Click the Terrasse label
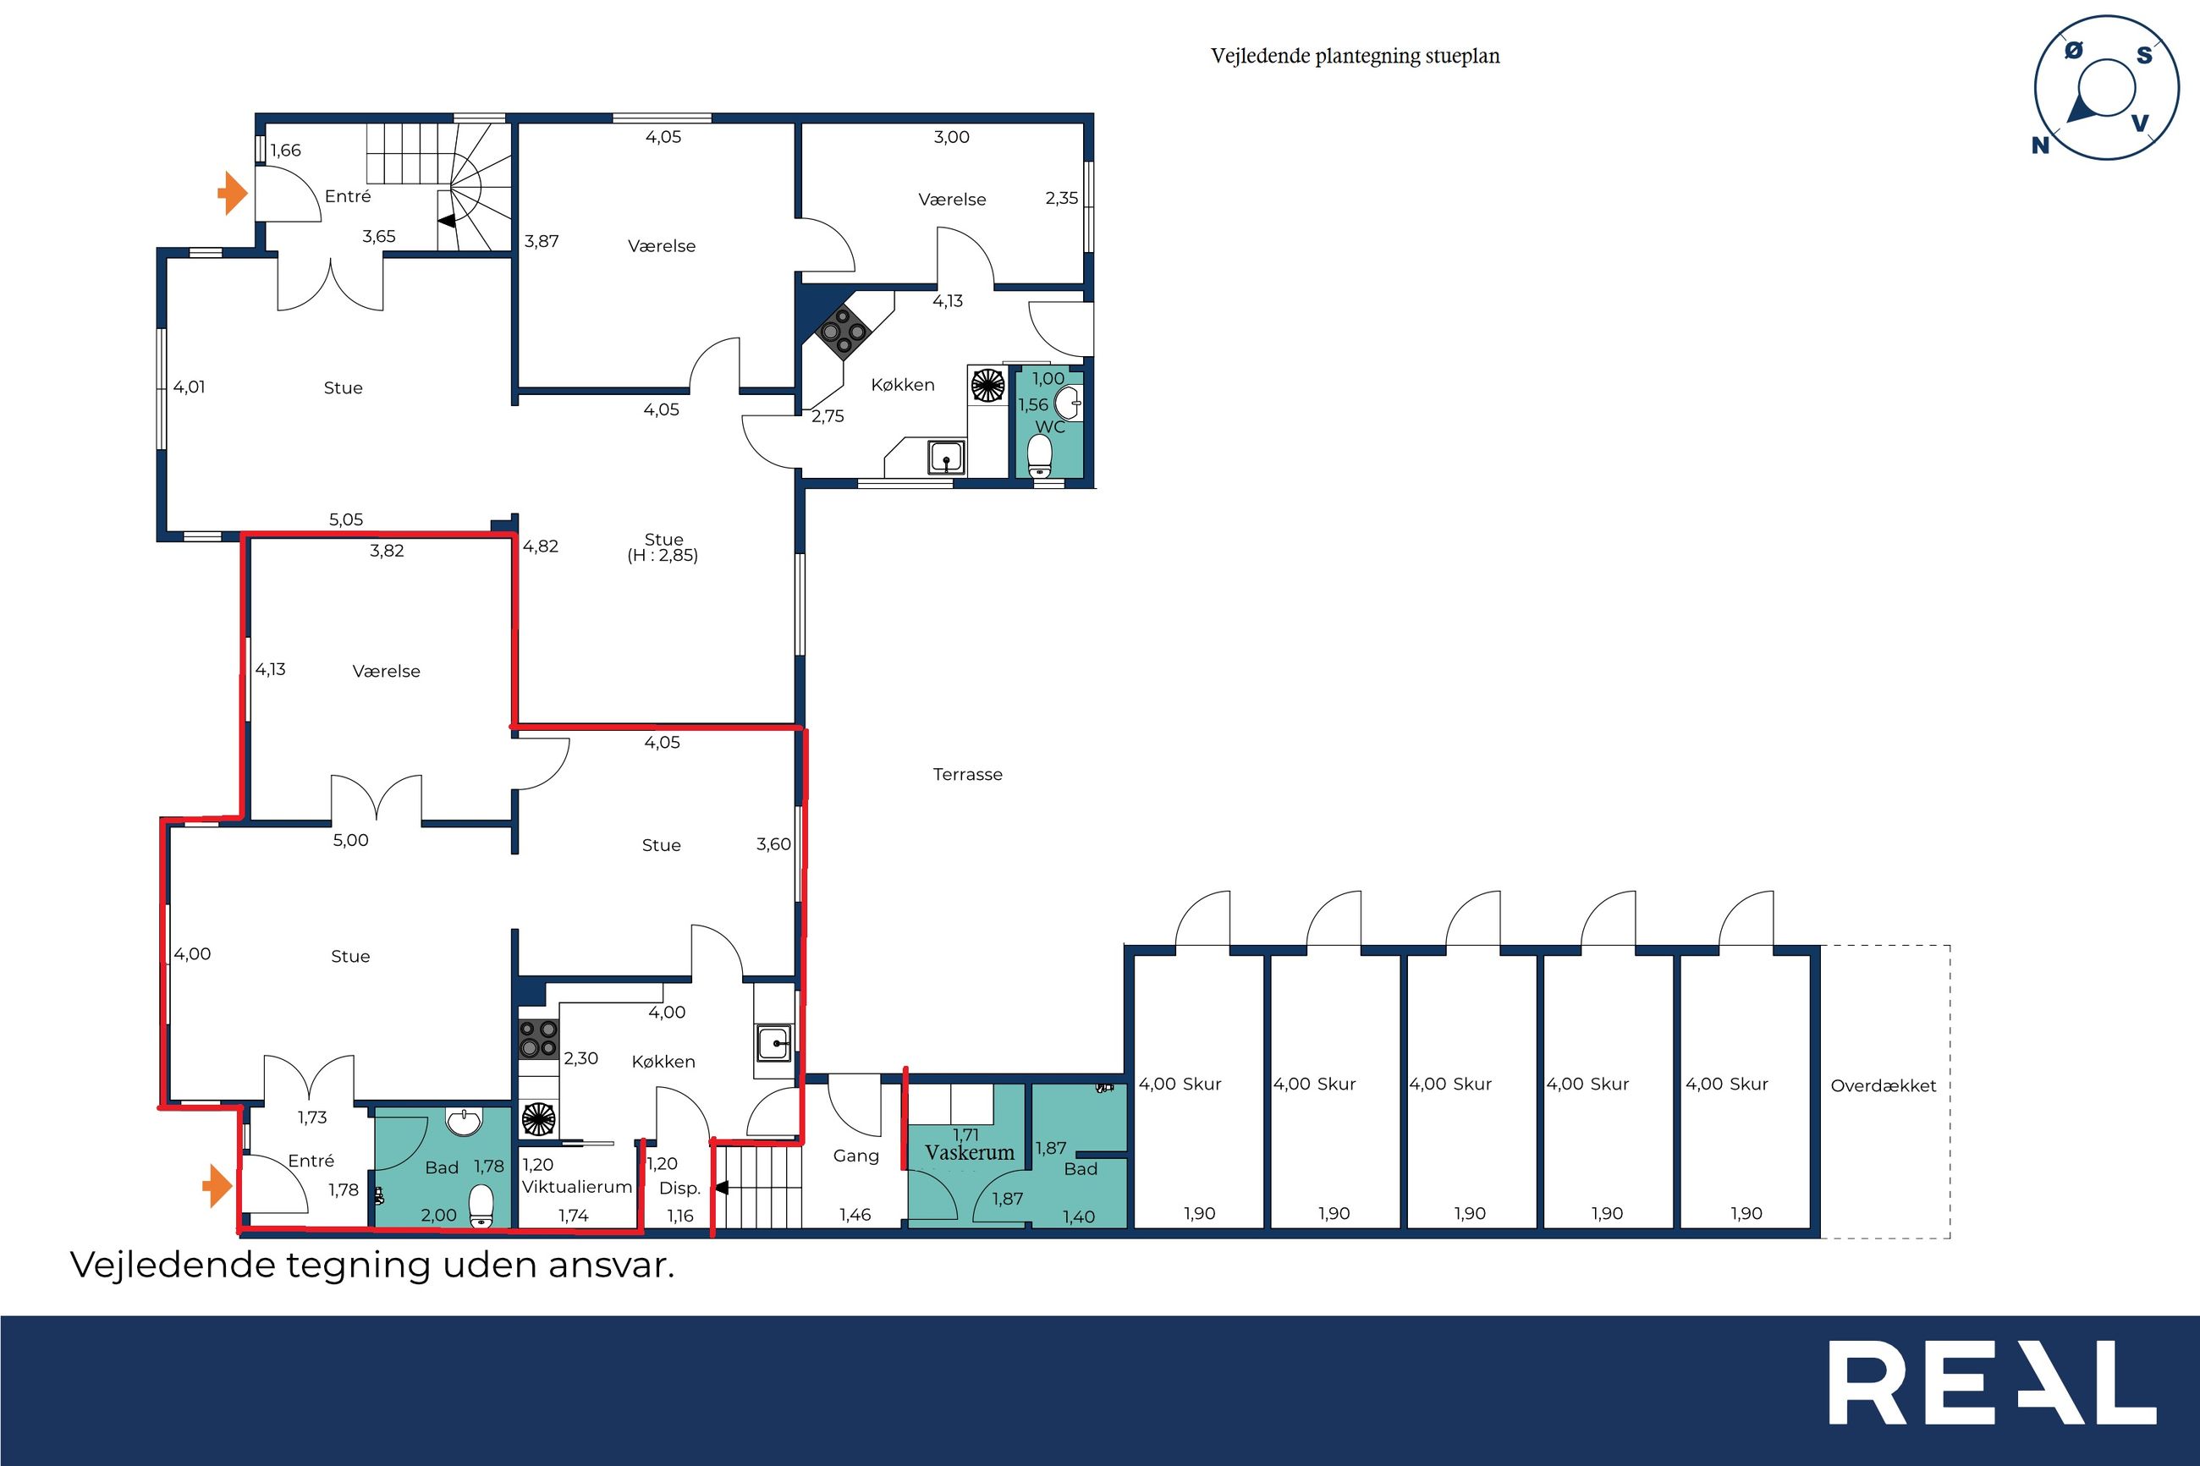pos(968,774)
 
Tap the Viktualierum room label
pos(577,1187)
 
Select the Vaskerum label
pos(970,1153)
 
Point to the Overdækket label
pos(1883,1085)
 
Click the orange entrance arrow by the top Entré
pos(232,194)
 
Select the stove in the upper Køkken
pos(844,331)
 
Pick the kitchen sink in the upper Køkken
pos(946,457)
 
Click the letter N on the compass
pos(2040,145)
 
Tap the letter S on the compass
pos(2145,55)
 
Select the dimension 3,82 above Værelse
pos(387,551)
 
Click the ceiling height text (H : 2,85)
pos(663,556)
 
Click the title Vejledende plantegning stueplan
pos(1356,56)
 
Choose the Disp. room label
pos(679,1189)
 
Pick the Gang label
pos(856,1156)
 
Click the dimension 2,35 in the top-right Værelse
pos(1062,198)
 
